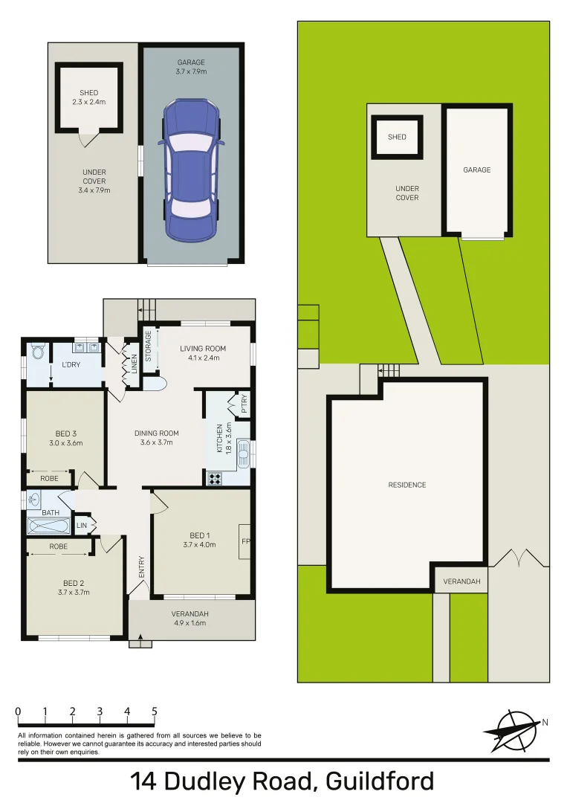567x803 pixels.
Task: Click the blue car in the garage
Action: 192,171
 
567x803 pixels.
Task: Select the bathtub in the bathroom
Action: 49,526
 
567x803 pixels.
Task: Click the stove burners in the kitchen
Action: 216,479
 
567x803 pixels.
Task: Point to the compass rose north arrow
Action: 513,729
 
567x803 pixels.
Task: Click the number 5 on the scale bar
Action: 155,712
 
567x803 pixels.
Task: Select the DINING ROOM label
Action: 156,433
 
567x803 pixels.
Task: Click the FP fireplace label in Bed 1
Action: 245,541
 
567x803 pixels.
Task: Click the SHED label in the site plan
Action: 397,137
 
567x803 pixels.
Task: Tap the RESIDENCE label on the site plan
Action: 407,485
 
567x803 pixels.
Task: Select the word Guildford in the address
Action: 379,781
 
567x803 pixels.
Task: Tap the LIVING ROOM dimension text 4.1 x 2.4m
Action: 203,358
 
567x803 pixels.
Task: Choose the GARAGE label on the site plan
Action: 476,170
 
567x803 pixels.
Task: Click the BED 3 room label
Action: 66,433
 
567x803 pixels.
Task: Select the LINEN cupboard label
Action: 135,364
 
